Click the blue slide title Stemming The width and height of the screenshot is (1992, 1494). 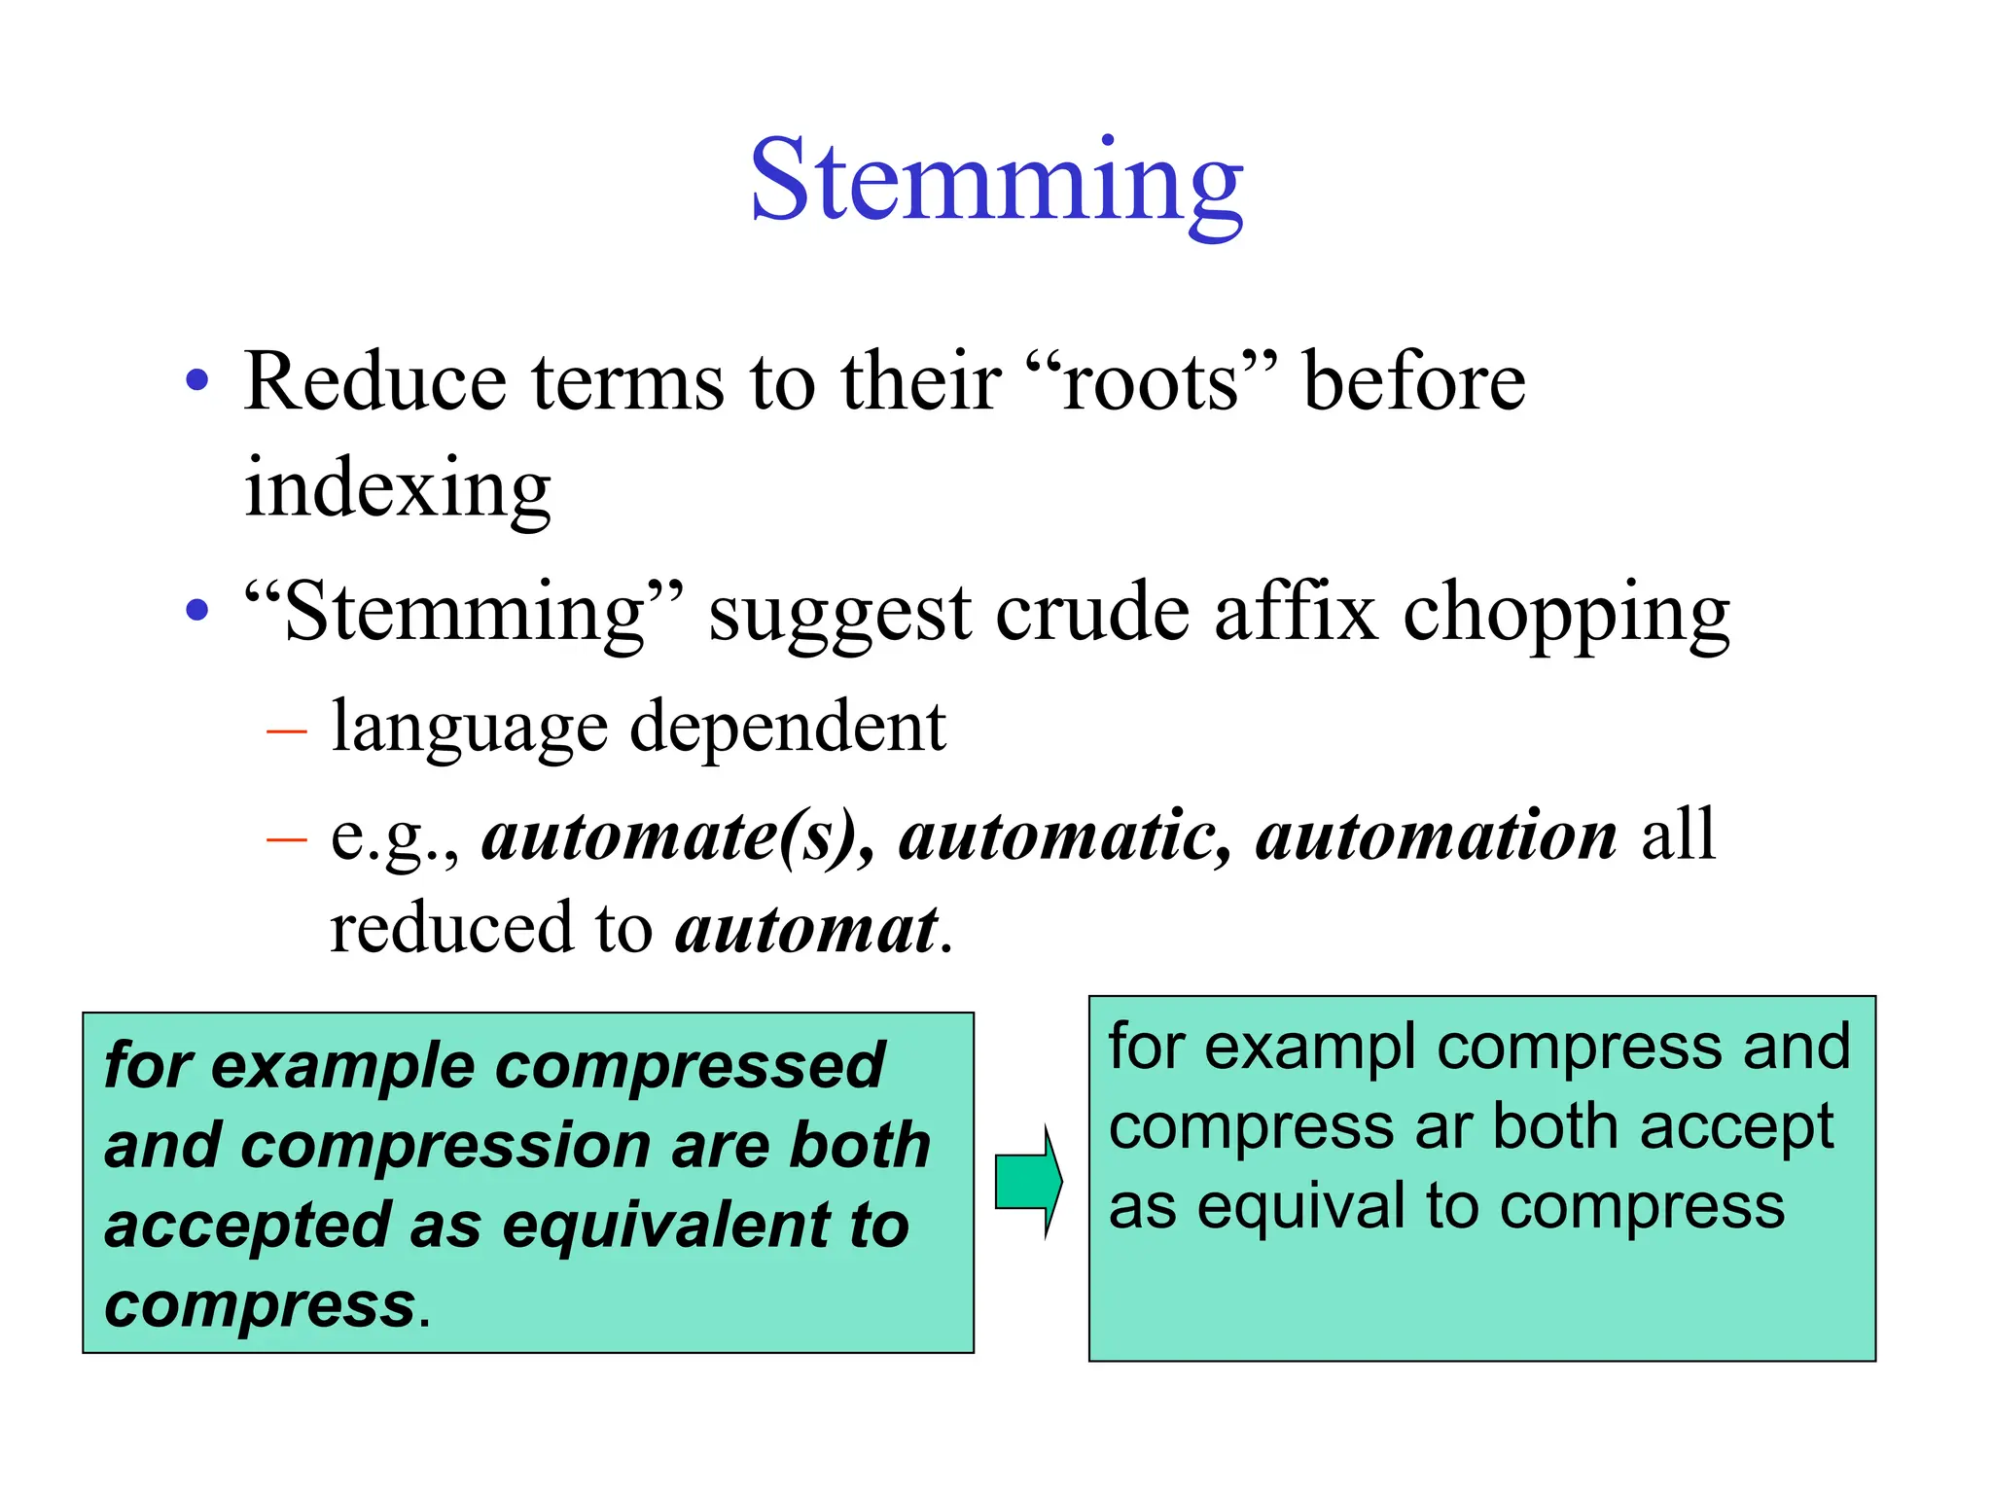(996, 183)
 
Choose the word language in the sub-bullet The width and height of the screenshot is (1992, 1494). (468, 728)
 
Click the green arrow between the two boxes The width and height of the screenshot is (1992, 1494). (1028, 1181)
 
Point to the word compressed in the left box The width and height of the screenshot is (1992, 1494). (690, 1066)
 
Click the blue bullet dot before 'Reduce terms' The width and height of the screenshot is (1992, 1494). (197, 381)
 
